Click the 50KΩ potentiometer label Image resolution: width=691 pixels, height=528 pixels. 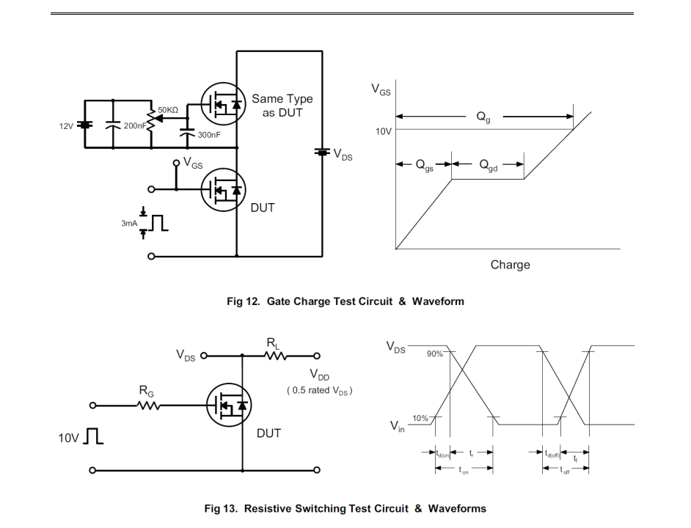tap(169, 109)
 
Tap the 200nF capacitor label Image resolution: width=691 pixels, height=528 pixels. tap(134, 125)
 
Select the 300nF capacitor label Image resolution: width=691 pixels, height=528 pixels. tap(210, 135)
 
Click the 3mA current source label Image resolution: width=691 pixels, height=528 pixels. tap(129, 223)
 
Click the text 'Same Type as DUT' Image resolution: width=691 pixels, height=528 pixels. tap(282, 106)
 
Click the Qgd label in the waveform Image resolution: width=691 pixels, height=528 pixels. tap(489, 166)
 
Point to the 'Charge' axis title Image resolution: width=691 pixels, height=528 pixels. tap(510, 265)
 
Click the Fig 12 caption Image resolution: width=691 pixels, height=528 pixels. tap(345, 301)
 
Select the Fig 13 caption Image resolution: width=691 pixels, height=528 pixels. tap(345, 507)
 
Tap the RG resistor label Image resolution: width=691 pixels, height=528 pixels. tap(147, 392)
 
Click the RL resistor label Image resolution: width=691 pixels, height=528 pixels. tap(273, 342)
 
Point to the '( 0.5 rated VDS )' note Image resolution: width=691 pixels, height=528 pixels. tap(319, 390)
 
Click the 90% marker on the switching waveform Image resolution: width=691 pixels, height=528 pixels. tap(435, 353)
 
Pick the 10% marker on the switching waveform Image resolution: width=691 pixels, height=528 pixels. tap(420, 418)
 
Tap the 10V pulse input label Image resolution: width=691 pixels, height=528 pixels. tap(69, 439)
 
